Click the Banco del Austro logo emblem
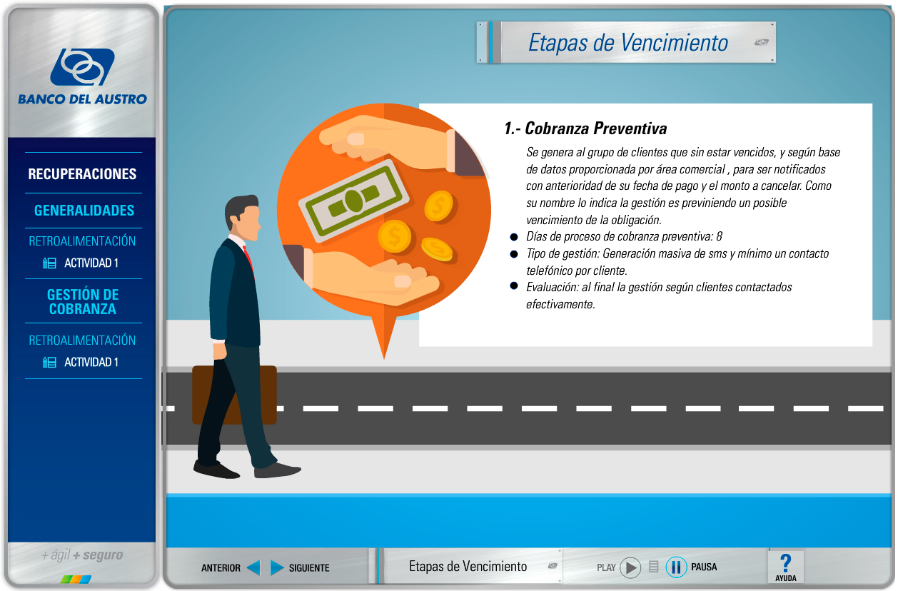[82, 66]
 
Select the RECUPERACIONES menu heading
[82, 173]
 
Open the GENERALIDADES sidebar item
[84, 211]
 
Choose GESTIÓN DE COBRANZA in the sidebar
[83, 301]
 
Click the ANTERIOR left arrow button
[253, 567]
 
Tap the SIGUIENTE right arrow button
[277, 567]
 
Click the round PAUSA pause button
[676, 567]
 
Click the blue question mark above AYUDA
[786, 562]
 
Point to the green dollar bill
[353, 201]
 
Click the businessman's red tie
[249, 259]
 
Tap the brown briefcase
[234, 395]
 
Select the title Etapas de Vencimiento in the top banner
[627, 43]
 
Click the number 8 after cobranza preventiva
[720, 236]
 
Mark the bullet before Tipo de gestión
[513, 254]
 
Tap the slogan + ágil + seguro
[82, 555]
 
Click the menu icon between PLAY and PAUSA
[653, 567]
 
